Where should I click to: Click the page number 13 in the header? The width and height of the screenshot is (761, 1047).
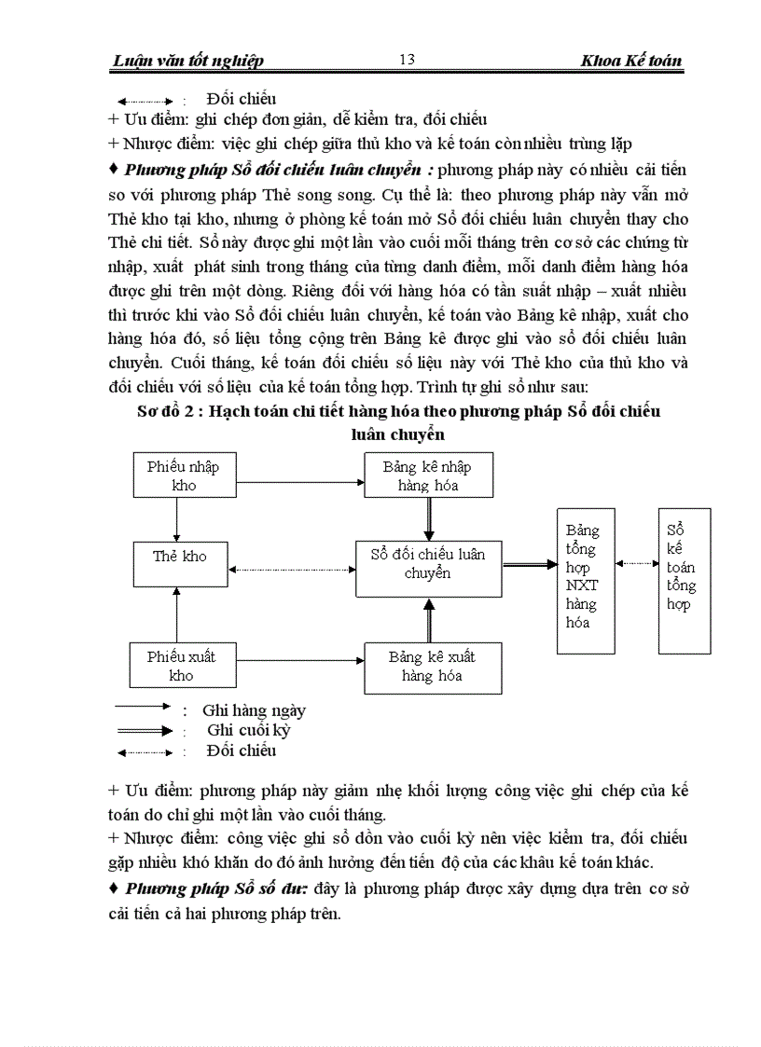(407, 60)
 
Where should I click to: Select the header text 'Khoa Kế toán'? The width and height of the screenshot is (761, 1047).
(631, 62)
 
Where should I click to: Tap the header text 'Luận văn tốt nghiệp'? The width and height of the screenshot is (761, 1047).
(187, 62)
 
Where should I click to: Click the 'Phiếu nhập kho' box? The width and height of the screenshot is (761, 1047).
(183, 475)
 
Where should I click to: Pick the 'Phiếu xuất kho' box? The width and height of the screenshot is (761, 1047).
(181, 666)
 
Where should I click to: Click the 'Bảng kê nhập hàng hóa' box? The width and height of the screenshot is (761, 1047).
(427, 475)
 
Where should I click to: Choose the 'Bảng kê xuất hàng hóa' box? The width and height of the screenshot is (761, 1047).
(432, 667)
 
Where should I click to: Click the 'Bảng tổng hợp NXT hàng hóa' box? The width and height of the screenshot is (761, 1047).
(583, 581)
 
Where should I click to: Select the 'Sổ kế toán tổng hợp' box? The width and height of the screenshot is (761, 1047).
(684, 581)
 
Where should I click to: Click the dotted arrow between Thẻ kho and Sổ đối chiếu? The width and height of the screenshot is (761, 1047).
(293, 569)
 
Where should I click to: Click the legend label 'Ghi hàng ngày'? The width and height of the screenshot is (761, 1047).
(254, 710)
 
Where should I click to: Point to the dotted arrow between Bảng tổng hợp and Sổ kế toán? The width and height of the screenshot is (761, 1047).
(636, 563)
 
